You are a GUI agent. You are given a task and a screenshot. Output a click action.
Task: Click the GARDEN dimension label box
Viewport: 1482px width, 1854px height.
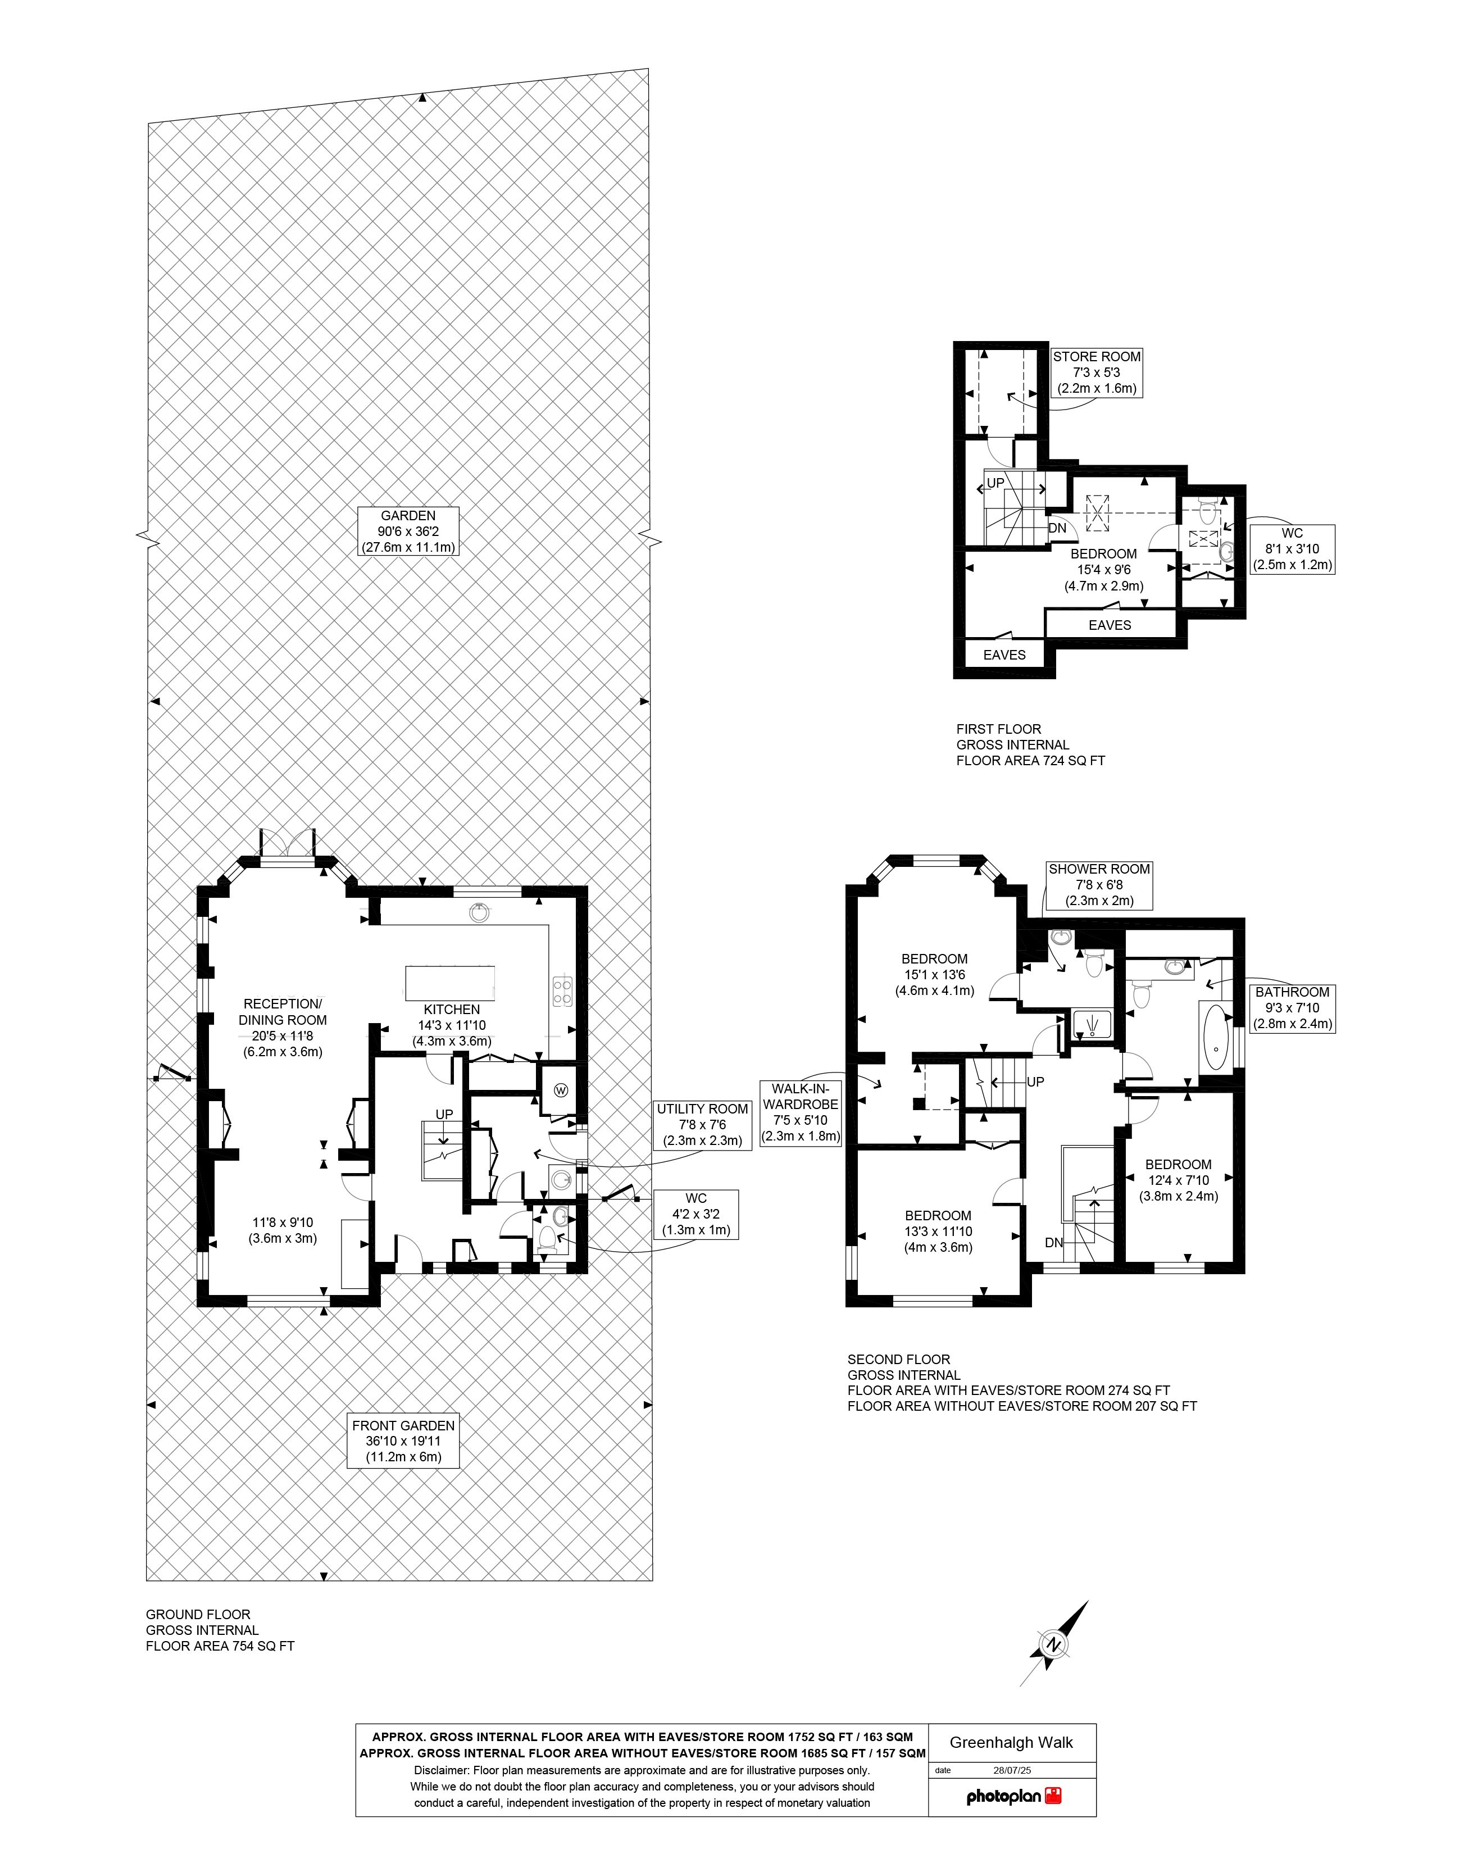[x=408, y=530]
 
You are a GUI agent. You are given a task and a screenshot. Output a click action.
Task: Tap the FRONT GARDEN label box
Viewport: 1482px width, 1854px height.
[x=403, y=1441]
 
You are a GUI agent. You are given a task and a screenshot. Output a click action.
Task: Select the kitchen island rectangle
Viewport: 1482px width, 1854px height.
[x=450, y=983]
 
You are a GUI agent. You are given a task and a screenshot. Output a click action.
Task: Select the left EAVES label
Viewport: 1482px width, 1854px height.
[x=1004, y=655]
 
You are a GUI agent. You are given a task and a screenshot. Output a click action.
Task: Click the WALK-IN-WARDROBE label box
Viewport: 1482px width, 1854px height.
[x=800, y=1114]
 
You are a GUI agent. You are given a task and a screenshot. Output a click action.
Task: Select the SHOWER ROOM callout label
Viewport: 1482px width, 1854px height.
[x=1098, y=885]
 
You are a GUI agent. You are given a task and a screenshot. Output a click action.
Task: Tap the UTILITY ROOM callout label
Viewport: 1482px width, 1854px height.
[x=702, y=1125]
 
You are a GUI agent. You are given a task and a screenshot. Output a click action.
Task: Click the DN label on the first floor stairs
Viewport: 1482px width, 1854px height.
[x=1057, y=528]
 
